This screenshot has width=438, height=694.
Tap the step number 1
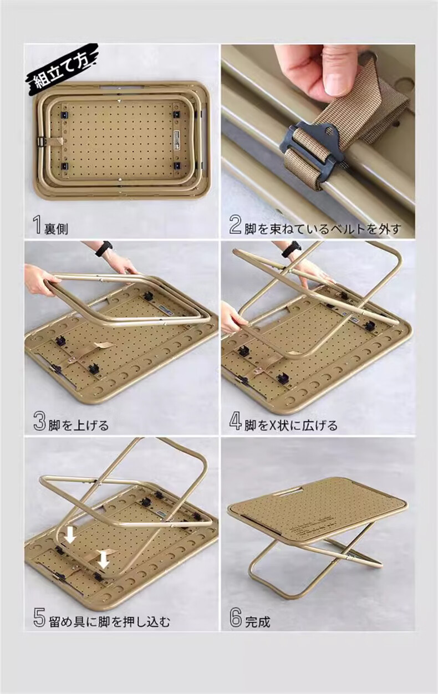click(38, 225)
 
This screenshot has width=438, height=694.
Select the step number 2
click(235, 225)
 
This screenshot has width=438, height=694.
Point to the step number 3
click(39, 422)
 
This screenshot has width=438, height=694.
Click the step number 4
click(235, 422)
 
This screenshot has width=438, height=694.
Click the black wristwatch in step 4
click(292, 249)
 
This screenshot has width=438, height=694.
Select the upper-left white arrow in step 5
click(70, 535)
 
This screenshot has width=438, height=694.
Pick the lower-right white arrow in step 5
click(104, 559)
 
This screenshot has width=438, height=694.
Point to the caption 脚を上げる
click(79, 425)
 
